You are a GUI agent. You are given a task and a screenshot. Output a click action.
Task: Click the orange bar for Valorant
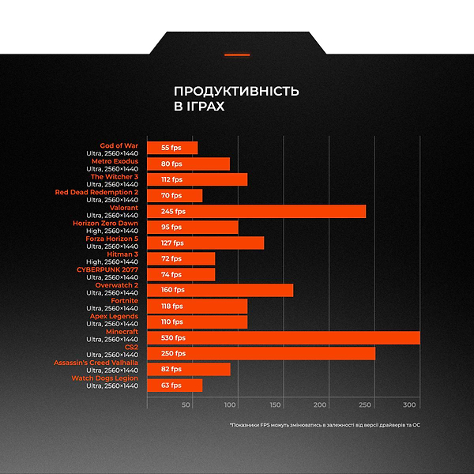(x=257, y=211)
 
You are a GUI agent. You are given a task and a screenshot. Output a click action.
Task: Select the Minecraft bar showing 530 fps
(x=284, y=337)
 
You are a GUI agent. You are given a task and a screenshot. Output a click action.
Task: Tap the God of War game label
(x=118, y=145)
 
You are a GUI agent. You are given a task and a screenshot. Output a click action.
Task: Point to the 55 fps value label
(x=171, y=148)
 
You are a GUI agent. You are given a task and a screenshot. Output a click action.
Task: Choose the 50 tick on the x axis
(x=186, y=404)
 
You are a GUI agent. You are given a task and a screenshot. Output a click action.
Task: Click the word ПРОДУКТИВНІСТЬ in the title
(x=236, y=91)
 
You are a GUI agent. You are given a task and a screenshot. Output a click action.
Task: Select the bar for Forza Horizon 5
(x=205, y=243)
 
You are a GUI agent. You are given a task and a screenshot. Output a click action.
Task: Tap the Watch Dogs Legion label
(x=104, y=378)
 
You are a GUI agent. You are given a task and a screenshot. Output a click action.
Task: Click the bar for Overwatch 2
(x=220, y=290)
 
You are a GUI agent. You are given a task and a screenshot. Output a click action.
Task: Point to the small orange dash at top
(x=237, y=55)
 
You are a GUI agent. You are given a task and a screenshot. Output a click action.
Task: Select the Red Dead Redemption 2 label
(x=96, y=192)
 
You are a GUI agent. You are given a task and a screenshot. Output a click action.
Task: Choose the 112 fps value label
(x=171, y=179)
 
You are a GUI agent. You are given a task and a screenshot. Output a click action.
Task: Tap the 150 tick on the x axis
(x=276, y=404)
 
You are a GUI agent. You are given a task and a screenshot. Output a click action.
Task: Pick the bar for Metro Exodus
(x=189, y=164)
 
